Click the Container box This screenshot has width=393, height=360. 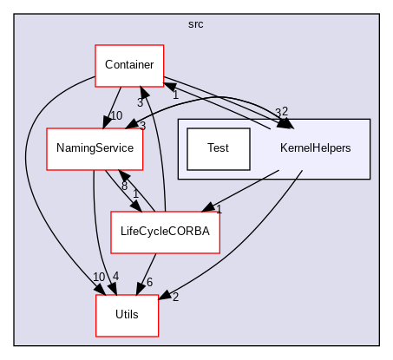point(129,65)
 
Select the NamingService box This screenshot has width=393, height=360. point(95,148)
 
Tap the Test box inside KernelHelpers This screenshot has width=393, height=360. point(219,148)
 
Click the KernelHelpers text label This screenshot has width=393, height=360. point(315,148)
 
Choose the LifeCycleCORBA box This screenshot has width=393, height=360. point(165,232)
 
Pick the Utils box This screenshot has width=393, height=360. point(127,315)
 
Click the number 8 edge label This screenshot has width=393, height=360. point(125,185)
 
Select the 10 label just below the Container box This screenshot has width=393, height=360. point(116,115)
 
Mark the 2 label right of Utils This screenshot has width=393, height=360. point(174,298)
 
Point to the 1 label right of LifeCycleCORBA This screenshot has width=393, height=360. point(219,210)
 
